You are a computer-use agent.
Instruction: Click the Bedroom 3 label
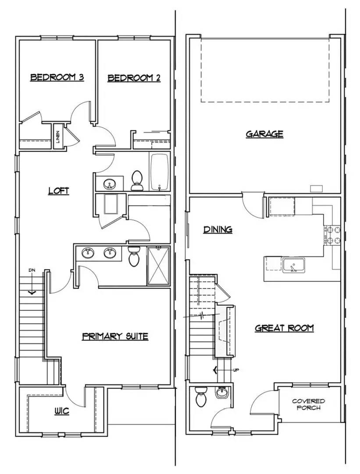[x=57, y=78]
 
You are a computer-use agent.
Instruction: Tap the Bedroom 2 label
[x=134, y=78]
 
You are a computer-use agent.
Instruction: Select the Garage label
[x=264, y=134]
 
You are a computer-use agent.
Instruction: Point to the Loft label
[x=59, y=191]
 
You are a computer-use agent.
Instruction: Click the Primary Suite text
[x=115, y=336]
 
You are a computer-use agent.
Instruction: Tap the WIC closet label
[x=62, y=411]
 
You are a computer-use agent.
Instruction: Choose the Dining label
[x=218, y=230]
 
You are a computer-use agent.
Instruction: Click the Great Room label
[x=285, y=328]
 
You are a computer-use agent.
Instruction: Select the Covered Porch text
[x=308, y=405]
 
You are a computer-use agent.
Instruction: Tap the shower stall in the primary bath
[x=158, y=266]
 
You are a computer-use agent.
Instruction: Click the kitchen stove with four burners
[x=332, y=236]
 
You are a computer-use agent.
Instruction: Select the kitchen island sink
[x=293, y=266]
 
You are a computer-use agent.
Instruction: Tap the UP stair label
[x=236, y=370]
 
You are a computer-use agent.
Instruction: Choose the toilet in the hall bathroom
[x=137, y=180]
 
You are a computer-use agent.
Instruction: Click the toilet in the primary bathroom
[x=133, y=256]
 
